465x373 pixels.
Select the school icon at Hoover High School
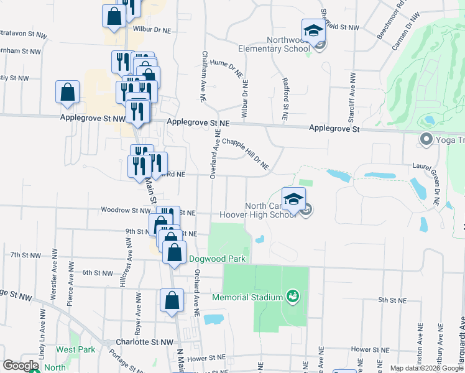(x=293, y=200)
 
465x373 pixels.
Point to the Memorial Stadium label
(x=247, y=297)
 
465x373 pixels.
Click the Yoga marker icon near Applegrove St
(x=426, y=139)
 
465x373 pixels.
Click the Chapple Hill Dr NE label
(x=245, y=153)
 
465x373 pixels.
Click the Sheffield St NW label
(x=340, y=27)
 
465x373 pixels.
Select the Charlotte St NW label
(x=145, y=343)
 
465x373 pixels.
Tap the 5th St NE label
(x=392, y=300)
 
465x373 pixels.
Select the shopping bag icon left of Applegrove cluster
(x=67, y=92)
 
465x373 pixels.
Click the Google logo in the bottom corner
(x=21, y=366)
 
